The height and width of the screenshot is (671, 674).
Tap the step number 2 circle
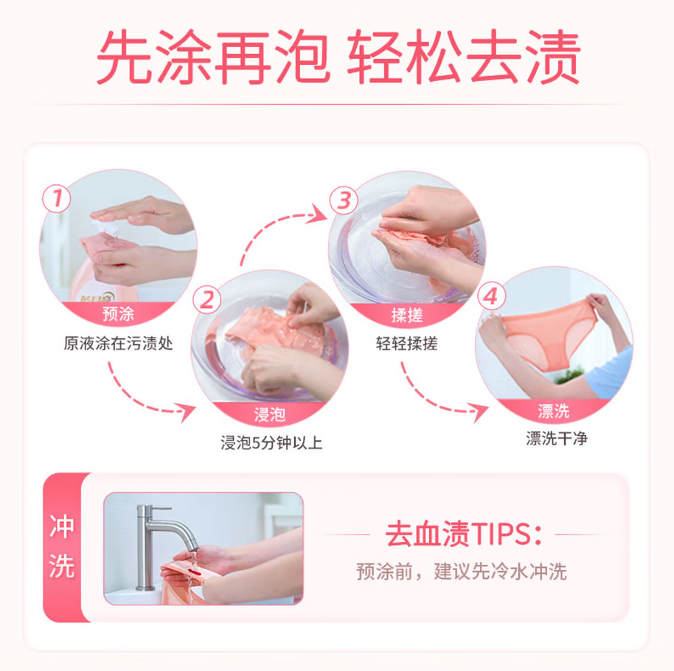click(207, 300)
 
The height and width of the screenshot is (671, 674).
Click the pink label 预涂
click(118, 316)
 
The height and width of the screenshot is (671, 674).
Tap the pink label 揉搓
click(406, 316)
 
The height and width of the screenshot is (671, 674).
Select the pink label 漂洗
click(554, 411)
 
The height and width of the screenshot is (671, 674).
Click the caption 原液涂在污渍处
click(118, 344)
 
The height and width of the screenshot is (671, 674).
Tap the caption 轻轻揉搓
click(406, 344)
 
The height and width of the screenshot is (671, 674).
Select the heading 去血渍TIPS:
click(463, 535)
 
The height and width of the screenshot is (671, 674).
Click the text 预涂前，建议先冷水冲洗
click(462, 571)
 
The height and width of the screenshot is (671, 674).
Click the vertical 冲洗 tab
click(61, 547)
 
